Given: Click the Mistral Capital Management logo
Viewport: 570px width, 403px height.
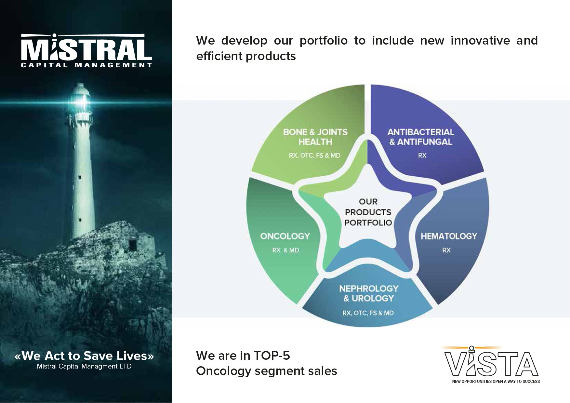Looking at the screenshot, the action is coord(86,50).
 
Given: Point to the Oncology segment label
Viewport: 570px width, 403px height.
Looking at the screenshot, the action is coord(285,236).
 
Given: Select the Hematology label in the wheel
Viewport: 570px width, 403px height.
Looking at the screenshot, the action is coord(449,236).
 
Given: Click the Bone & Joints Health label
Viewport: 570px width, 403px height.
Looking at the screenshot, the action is coord(315,137).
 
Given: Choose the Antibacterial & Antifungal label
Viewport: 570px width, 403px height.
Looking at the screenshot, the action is coord(421,137).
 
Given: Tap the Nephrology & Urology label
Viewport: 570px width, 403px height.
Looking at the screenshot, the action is coord(369,293).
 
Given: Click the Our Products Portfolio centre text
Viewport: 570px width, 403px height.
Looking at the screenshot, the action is coord(368,212).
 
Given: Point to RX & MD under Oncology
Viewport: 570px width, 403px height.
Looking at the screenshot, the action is coord(285,250).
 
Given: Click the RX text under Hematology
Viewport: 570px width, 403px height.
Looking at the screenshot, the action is coord(446,250).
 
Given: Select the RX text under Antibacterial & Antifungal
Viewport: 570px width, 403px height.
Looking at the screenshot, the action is coord(422,155).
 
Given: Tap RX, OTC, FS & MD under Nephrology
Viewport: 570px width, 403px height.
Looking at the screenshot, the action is coord(368,313).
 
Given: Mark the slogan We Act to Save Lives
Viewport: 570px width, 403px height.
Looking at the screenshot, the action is coord(84,356).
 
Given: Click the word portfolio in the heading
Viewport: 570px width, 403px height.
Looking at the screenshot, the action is coord(324,41).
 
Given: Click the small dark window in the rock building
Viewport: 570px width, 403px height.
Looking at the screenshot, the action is coord(132,245).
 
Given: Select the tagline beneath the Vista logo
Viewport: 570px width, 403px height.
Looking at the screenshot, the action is coord(496,382).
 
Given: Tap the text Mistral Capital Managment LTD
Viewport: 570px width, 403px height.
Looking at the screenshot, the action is coord(84,366).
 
